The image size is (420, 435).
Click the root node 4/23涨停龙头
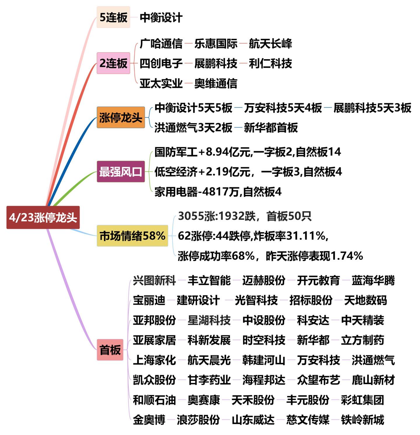(43, 218)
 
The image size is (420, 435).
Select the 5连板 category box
(113, 17)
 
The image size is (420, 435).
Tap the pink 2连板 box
(113, 63)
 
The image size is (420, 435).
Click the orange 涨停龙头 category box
(121, 117)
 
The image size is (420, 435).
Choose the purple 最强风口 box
(121, 172)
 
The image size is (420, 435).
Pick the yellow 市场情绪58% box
(132, 236)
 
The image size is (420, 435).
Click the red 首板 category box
(110, 349)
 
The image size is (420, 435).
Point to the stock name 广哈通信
(161, 44)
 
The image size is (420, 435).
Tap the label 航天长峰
(270, 44)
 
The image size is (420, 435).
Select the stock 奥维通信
(216, 83)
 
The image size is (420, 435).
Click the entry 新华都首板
(270, 128)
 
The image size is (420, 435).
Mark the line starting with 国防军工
(247, 152)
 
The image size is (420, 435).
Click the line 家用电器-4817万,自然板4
(218, 192)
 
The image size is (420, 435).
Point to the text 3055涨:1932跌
(217, 216)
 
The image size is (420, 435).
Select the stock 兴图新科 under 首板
(154, 280)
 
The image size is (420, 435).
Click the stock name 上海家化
(154, 360)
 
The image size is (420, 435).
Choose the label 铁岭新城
(362, 420)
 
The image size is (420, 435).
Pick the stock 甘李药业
(209, 380)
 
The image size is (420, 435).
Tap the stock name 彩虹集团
(362, 400)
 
